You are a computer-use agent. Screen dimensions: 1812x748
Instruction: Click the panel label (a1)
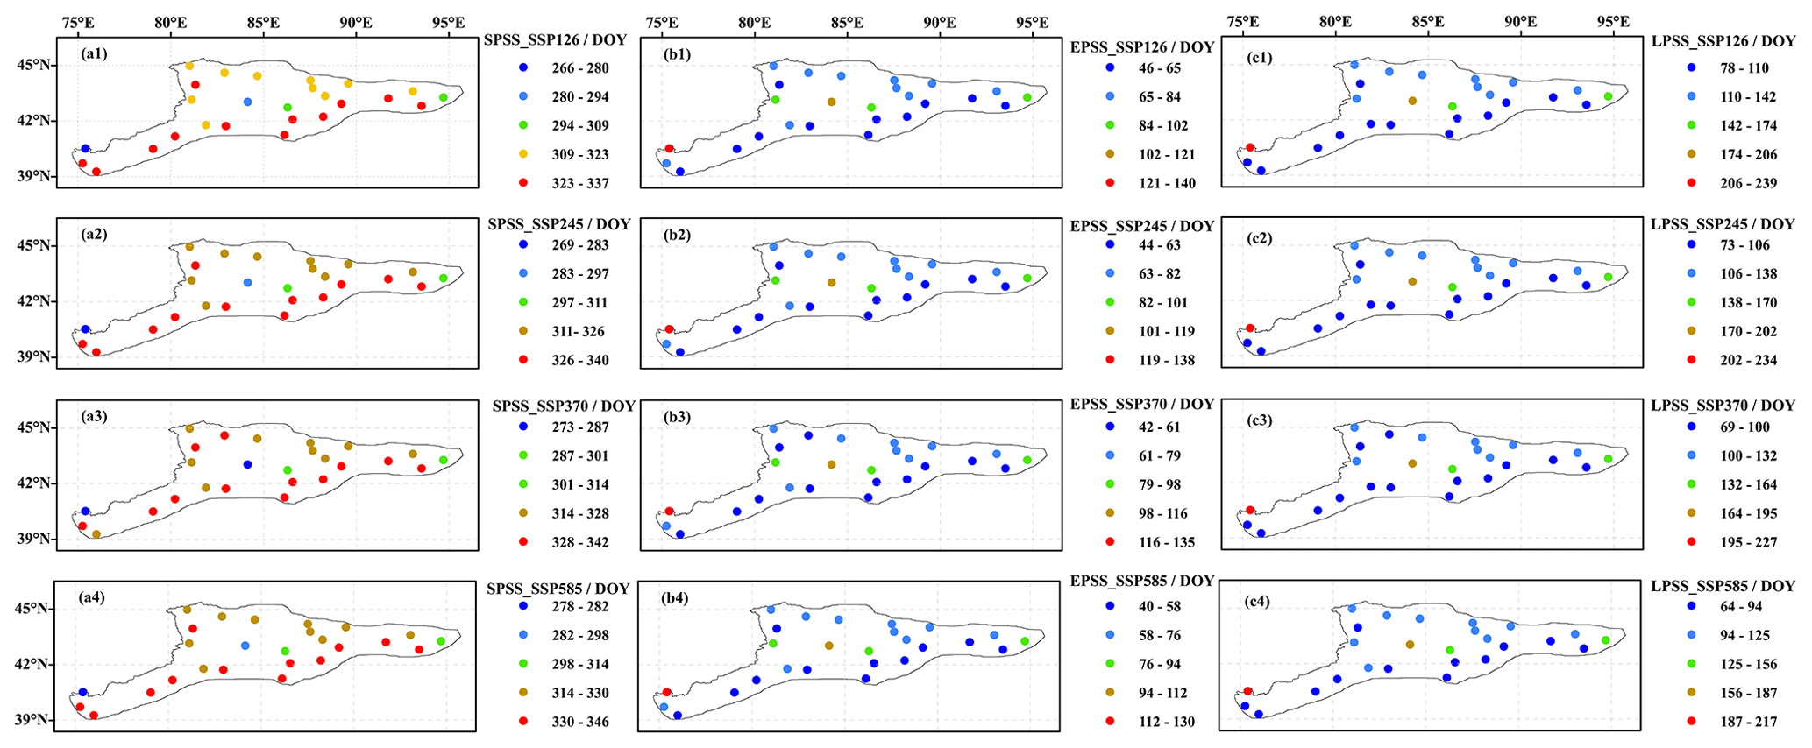[x=94, y=53]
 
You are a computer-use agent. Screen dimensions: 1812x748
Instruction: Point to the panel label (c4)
[x=1258, y=602]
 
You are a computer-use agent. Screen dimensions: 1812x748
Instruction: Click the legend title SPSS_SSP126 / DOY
[x=558, y=39]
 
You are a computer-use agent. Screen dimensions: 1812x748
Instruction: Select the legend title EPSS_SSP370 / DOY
[x=1142, y=404]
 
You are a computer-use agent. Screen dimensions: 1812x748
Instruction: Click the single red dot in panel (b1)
[x=669, y=149]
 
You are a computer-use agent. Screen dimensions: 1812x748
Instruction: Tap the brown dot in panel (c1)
[x=1412, y=101]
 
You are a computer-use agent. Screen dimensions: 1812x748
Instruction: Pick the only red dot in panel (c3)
[x=1250, y=510]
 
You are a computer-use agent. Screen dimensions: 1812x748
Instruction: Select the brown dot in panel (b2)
[x=831, y=283]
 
